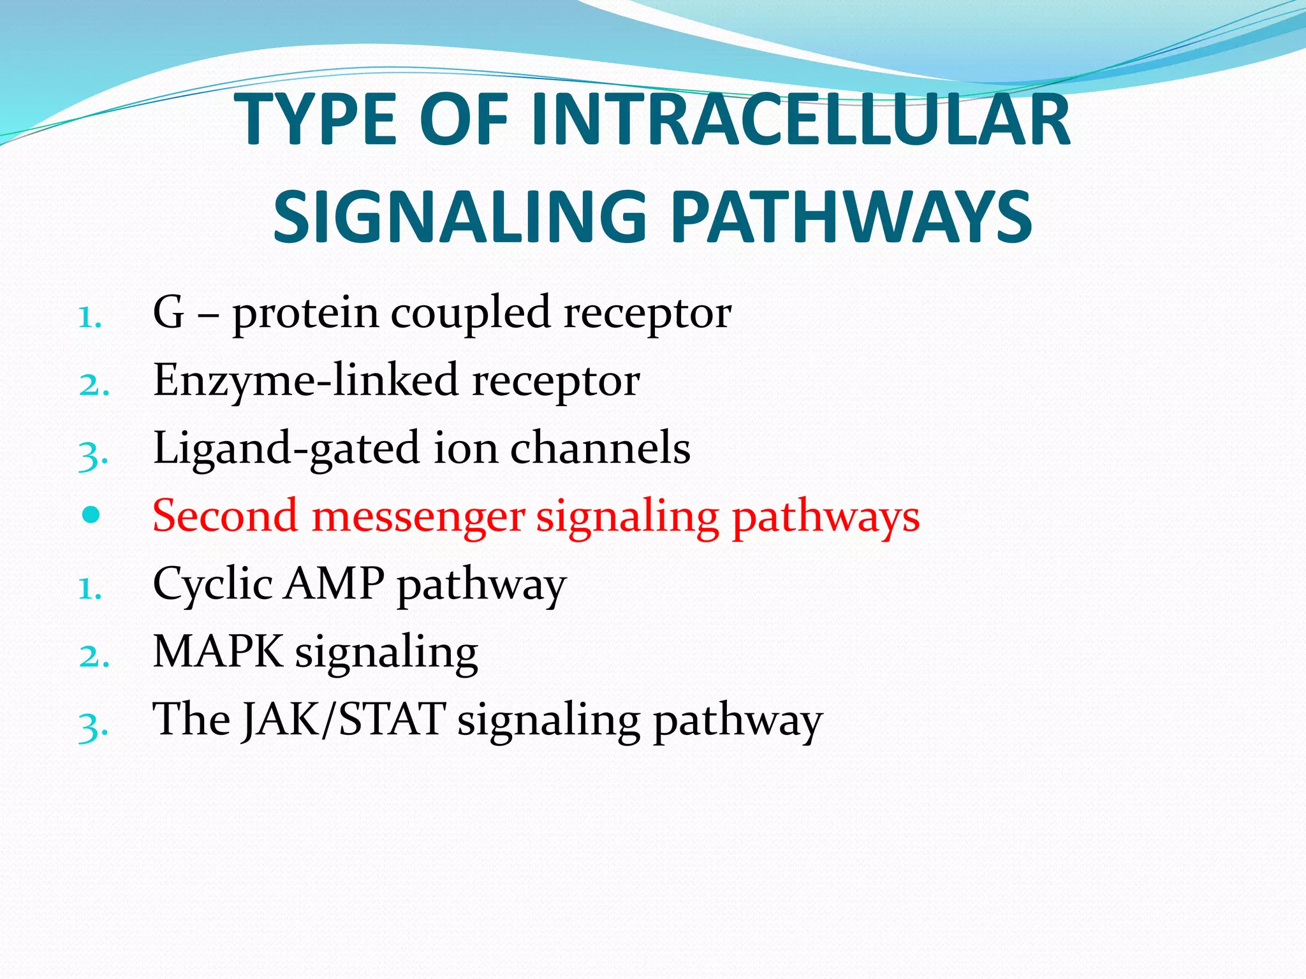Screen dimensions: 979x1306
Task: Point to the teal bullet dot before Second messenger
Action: pyautogui.click(x=91, y=515)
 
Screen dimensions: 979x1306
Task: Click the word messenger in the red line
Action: pyautogui.click(x=418, y=516)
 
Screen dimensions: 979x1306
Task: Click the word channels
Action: pyautogui.click(x=600, y=447)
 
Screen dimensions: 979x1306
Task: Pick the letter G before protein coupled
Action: pyautogui.click(x=169, y=312)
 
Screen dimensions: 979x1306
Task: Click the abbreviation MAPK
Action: pyautogui.click(x=217, y=651)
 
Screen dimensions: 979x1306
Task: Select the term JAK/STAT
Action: pyautogui.click(x=344, y=720)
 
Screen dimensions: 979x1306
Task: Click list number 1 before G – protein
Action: pyautogui.click(x=90, y=317)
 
